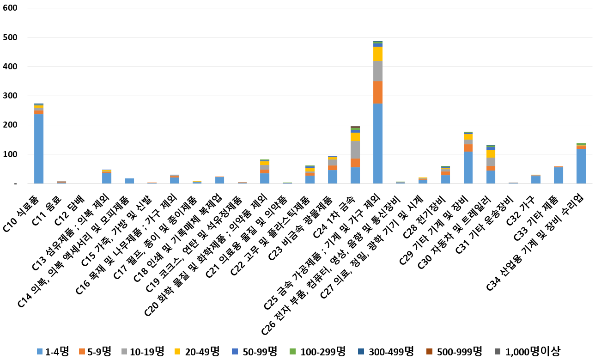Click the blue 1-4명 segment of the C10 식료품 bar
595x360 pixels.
point(39,149)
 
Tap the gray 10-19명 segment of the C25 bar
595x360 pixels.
point(378,71)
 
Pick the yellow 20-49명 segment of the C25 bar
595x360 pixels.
point(378,54)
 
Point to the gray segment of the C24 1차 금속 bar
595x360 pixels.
point(355,150)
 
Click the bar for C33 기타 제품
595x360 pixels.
point(559,175)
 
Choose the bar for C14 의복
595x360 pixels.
point(129,181)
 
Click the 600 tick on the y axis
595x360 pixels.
point(10,8)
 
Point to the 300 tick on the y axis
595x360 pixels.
point(10,96)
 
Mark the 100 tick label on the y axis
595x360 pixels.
point(10,154)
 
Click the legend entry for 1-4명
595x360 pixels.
point(53,352)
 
